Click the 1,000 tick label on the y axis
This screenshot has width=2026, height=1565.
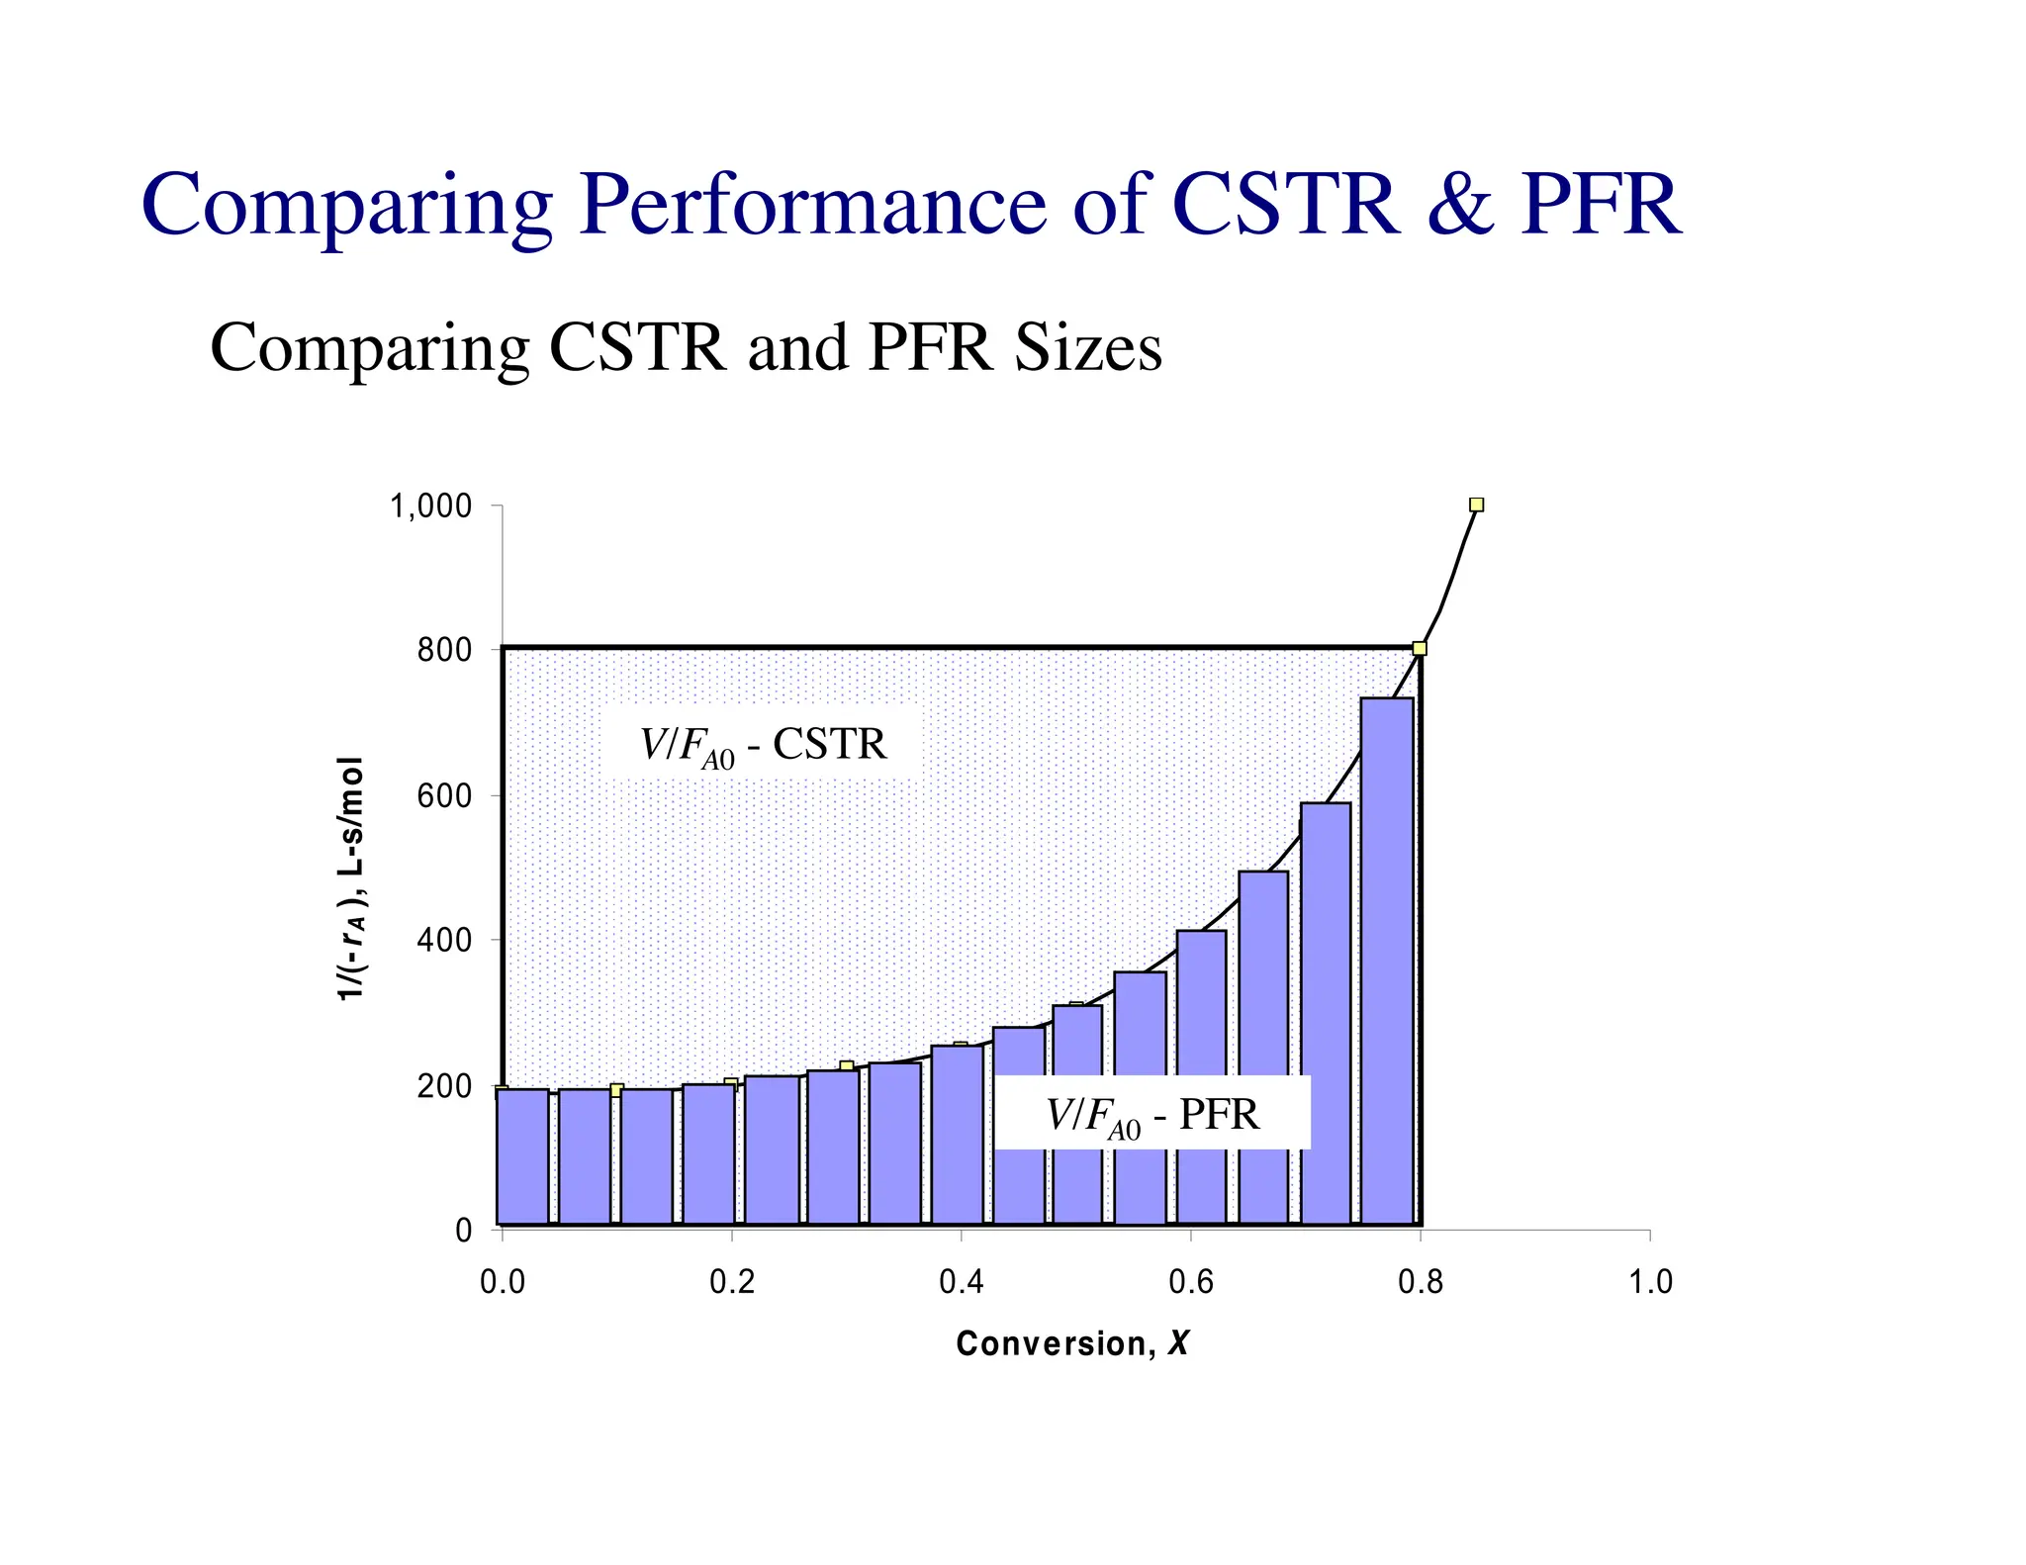430,507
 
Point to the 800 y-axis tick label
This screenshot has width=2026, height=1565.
444,652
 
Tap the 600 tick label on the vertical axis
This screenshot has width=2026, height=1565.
444,796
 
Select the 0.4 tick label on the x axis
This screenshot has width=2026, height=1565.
961,1283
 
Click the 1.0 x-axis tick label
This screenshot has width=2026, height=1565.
1649,1283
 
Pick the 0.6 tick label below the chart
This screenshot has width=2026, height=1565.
1190,1283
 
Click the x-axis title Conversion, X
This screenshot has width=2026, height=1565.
1072,1343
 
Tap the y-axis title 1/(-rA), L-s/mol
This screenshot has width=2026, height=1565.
351,878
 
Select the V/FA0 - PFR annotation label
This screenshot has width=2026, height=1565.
1152,1115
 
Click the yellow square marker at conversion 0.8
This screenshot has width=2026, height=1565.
1420,648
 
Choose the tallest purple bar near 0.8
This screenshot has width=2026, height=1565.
1387,960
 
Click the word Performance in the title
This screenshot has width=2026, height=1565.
812,205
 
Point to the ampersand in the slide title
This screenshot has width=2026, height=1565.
1459,205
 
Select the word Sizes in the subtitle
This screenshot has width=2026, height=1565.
1087,348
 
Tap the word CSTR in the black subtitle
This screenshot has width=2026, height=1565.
637,348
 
